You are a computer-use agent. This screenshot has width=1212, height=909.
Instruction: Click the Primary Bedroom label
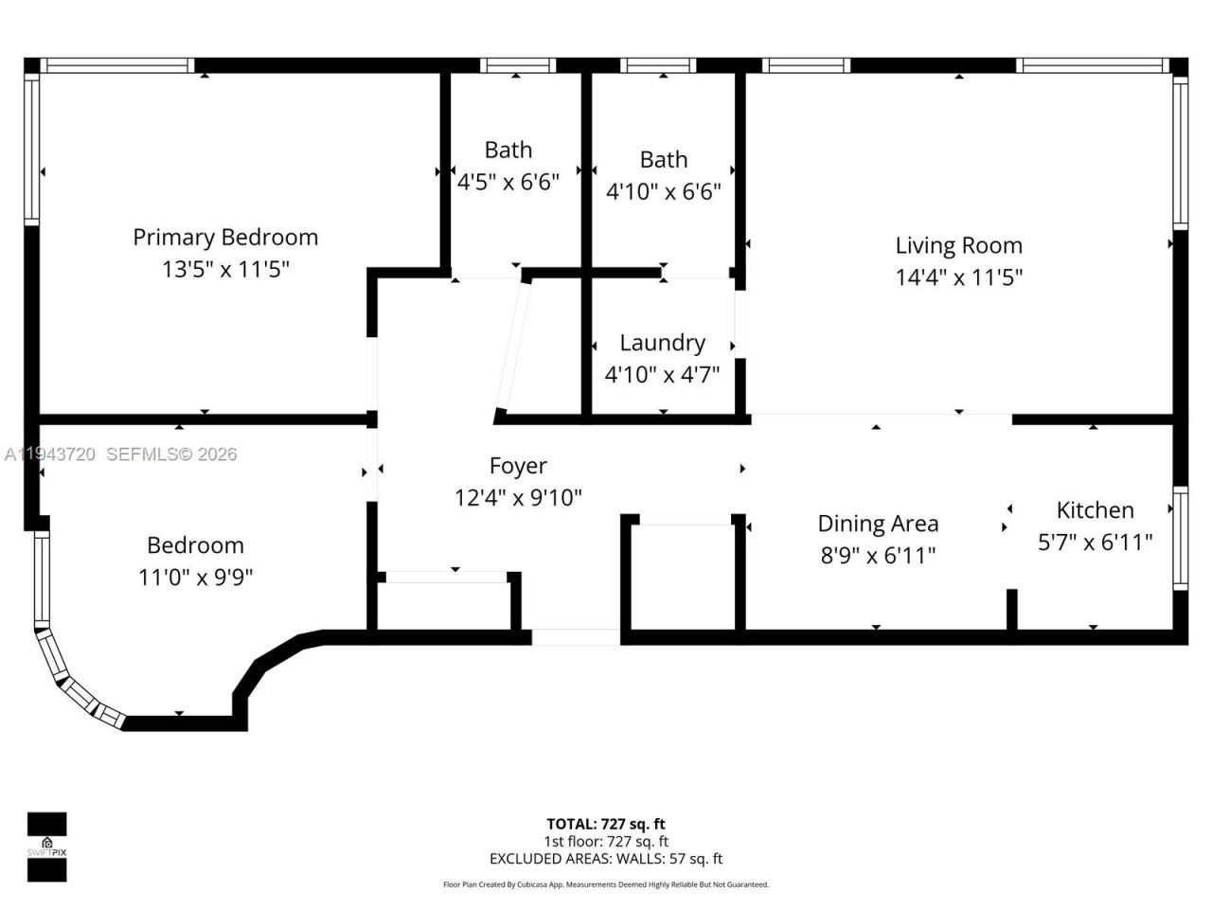[x=225, y=237]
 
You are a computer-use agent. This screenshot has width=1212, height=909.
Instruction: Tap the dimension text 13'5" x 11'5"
[x=225, y=270]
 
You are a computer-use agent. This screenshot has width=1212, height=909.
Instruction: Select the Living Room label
[x=958, y=245]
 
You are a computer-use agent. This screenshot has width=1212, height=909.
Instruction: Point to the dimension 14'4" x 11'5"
[x=958, y=277]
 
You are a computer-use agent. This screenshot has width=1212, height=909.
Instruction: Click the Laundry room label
[x=662, y=343]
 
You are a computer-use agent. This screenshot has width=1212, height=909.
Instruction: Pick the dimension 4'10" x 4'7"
[x=662, y=375]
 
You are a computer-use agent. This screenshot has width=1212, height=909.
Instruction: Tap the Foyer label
[x=518, y=466]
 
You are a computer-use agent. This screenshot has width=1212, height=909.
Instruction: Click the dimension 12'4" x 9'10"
[x=518, y=497]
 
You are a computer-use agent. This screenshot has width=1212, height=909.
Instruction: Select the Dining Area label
[x=878, y=524]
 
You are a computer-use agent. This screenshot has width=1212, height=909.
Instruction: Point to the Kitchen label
[x=1095, y=510]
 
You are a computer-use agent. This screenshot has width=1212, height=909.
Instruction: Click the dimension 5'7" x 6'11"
[x=1095, y=542]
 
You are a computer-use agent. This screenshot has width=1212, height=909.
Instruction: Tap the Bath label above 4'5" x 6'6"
[x=508, y=150]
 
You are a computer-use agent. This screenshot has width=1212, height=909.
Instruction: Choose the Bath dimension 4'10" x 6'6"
[x=663, y=192]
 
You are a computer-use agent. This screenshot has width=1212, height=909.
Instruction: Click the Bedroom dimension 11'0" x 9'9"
[x=196, y=577]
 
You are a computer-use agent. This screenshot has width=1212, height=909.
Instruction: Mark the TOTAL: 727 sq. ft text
[x=606, y=824]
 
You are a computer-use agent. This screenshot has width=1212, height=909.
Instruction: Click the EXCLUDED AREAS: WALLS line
[x=606, y=859]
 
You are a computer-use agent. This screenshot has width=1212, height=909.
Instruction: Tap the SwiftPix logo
[x=46, y=847]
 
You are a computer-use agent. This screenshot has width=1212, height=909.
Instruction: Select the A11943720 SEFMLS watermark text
[x=120, y=454]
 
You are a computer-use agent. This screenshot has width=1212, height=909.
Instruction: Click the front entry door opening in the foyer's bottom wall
[x=576, y=637]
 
